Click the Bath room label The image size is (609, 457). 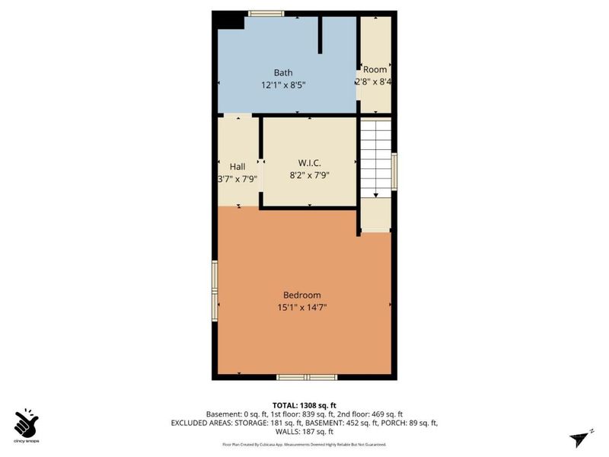pyautogui.click(x=283, y=72)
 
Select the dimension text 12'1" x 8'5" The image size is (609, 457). pyautogui.click(x=283, y=85)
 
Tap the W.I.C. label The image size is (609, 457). pyautogui.click(x=308, y=162)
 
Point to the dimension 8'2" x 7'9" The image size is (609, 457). pyautogui.click(x=308, y=174)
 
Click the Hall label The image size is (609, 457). pyautogui.click(x=237, y=167)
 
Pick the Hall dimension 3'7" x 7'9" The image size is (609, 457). pyautogui.click(x=238, y=180)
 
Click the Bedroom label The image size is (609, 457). pyautogui.click(x=302, y=295)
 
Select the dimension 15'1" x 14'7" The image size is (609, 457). pyautogui.click(x=302, y=308)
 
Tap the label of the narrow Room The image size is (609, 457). pyautogui.click(x=375, y=69)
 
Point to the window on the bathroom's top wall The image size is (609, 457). pyautogui.click(x=266, y=13)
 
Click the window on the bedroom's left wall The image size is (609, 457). pyautogui.click(x=215, y=291)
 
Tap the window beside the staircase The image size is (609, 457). pyautogui.click(x=394, y=171)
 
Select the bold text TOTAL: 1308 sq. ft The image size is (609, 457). pyautogui.click(x=304, y=404)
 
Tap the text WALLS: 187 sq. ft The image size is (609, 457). pyautogui.click(x=304, y=432)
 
